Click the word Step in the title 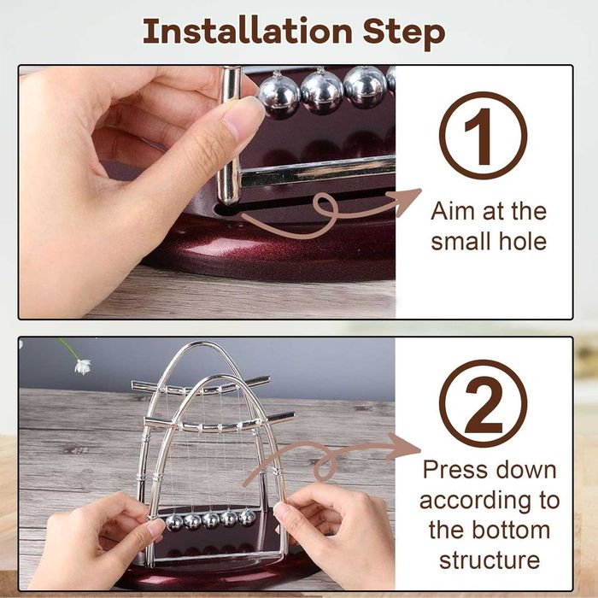click(403, 33)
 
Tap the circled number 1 click(483, 135)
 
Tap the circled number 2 click(483, 403)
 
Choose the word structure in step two click(490, 560)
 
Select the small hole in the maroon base click(226, 209)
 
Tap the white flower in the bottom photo click(83, 366)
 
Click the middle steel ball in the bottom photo click(210, 520)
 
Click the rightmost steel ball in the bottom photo click(247, 518)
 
